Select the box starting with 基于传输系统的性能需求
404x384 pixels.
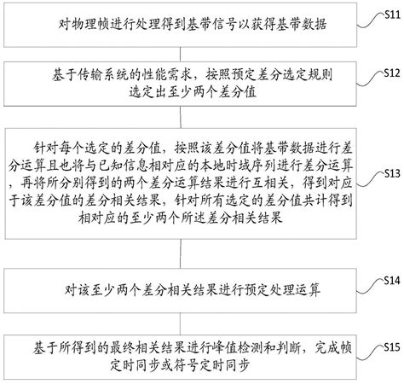(x=180, y=84)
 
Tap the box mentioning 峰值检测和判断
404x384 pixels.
(x=180, y=350)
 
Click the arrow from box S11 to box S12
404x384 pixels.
(x=180, y=53)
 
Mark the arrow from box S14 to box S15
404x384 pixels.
(x=180, y=317)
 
